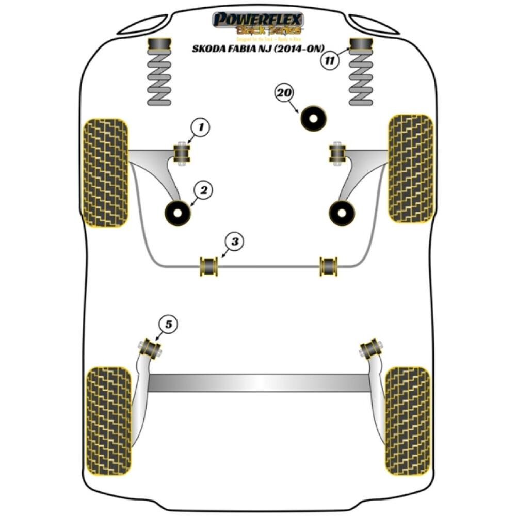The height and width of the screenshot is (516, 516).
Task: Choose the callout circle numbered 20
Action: pyautogui.click(x=284, y=93)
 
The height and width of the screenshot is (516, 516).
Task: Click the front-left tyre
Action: pyautogui.click(x=105, y=173)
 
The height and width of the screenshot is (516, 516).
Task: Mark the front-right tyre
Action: pyautogui.click(x=410, y=168)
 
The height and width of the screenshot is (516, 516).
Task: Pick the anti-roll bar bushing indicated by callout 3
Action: pyautogui.click(x=209, y=265)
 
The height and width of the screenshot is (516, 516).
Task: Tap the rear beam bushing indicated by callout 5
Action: pyautogui.click(x=152, y=348)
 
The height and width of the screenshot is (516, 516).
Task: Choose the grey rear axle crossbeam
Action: pyautogui.click(x=258, y=382)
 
